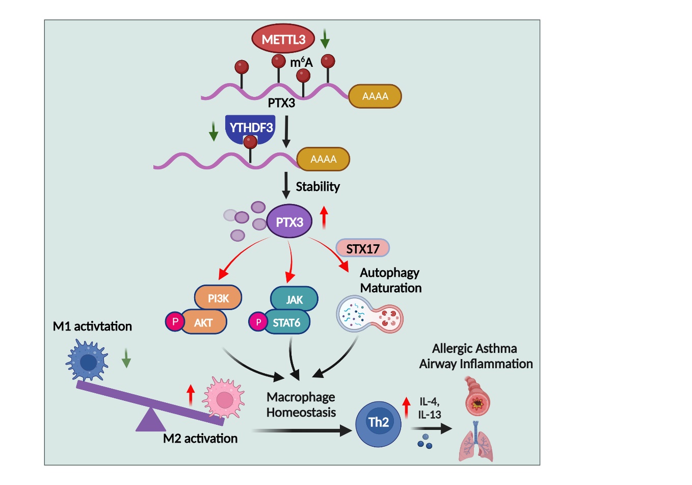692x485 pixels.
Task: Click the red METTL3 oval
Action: coord(283,39)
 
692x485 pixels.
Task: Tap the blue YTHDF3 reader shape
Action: coord(250,127)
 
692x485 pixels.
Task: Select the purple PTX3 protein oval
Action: coord(289,222)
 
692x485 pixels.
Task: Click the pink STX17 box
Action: coord(362,248)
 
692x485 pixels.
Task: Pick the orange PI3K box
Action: coord(218,298)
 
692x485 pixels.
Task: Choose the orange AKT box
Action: coord(203,322)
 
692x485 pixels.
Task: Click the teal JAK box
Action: coord(294,299)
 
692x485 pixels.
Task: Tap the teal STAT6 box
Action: coord(286,322)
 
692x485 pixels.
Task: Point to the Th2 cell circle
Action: coord(378,422)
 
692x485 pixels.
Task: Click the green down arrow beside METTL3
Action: coord(325,39)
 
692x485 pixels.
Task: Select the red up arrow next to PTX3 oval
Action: coord(324,217)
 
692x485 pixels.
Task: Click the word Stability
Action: coord(317,187)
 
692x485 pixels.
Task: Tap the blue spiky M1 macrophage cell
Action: coord(88,361)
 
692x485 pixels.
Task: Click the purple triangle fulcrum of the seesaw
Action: coord(150,420)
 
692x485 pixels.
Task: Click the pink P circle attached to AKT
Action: coord(175,322)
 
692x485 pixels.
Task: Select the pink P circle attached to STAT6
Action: coord(258,322)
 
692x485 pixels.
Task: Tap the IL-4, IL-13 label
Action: coord(429,408)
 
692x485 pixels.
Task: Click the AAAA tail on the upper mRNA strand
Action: coord(375,96)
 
